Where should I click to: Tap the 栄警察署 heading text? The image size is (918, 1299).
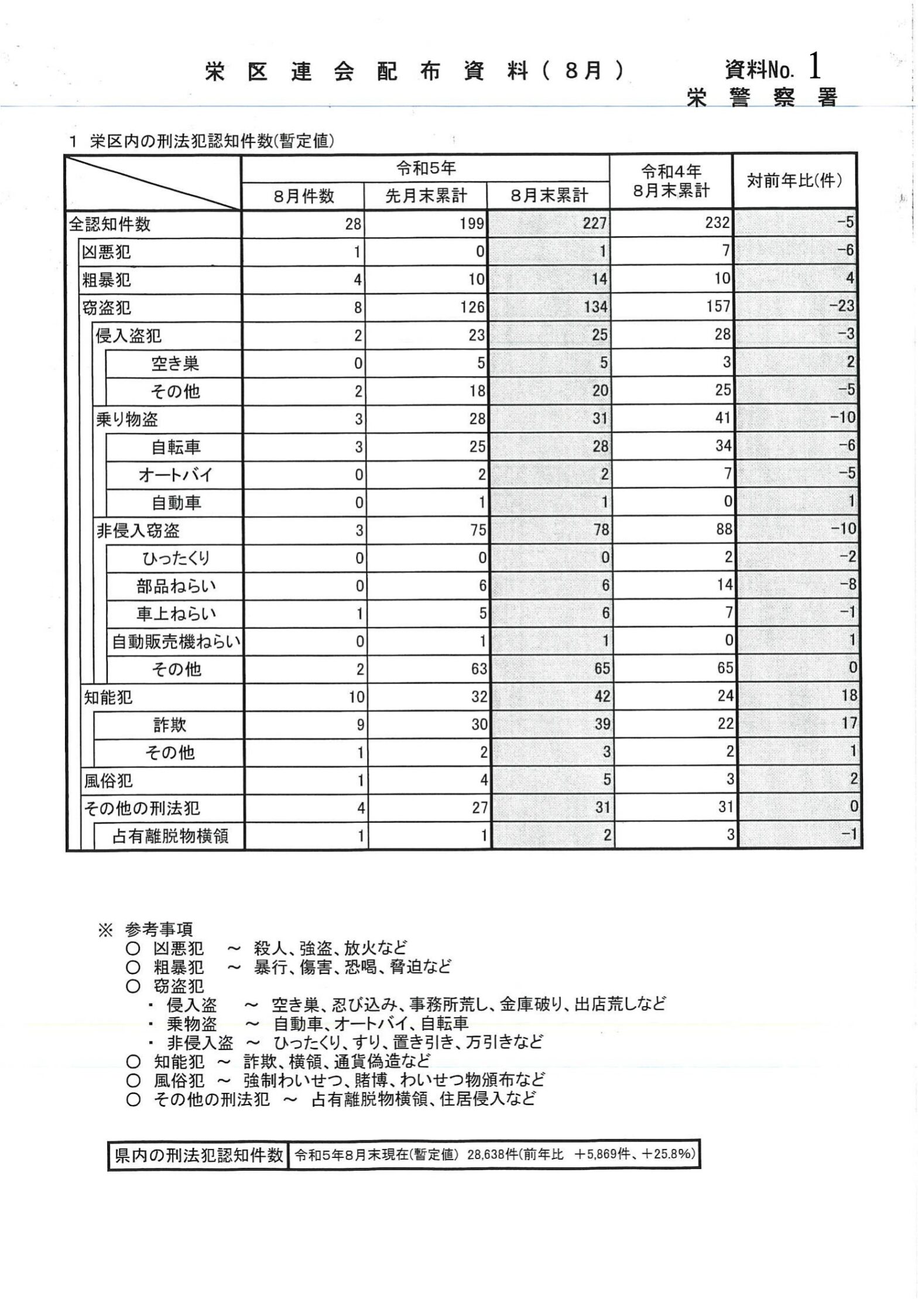click(x=762, y=98)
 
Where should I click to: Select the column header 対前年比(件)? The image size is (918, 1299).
click(x=794, y=181)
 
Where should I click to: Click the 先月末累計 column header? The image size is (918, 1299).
click(x=426, y=196)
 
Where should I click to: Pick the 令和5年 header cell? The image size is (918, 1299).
click(x=426, y=169)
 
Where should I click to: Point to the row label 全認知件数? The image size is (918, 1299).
click(x=110, y=224)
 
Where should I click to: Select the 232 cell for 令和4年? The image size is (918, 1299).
click(x=718, y=223)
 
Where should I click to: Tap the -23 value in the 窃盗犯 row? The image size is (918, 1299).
click(x=842, y=307)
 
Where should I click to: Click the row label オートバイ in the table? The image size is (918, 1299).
click(x=175, y=475)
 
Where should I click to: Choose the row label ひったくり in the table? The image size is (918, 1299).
click(x=175, y=558)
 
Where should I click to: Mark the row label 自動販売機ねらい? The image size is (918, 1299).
click(x=176, y=642)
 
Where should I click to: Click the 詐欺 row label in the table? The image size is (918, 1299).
click(x=170, y=726)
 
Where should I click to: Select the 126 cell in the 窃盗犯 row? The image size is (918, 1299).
click(x=472, y=307)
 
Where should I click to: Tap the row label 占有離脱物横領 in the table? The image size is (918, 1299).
click(x=170, y=837)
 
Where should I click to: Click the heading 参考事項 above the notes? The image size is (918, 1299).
click(x=159, y=929)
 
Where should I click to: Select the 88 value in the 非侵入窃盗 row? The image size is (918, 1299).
click(x=724, y=530)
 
